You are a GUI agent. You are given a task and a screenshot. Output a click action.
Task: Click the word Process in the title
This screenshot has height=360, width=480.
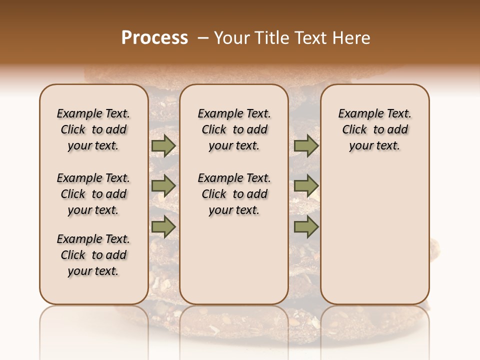pos(154,38)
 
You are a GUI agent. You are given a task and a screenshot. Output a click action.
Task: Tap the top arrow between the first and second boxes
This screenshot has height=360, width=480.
pos(163,145)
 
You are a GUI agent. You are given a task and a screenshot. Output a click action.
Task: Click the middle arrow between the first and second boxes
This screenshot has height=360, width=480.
pos(163,186)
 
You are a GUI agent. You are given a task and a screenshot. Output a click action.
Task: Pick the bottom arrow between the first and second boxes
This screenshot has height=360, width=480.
pos(163,227)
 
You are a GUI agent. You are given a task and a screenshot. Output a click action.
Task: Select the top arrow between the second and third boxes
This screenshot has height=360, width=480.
pos(306,145)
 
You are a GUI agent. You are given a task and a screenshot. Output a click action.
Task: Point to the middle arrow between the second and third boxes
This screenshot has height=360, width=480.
pos(306,186)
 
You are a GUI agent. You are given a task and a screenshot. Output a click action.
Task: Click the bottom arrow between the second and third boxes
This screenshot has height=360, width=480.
pos(306,227)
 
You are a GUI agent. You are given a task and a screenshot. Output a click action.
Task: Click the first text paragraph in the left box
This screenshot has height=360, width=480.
pos(93,129)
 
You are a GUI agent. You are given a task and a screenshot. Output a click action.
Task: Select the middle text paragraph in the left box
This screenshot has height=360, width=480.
pos(93,194)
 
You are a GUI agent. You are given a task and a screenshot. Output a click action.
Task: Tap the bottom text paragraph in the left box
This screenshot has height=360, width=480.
pos(93,255)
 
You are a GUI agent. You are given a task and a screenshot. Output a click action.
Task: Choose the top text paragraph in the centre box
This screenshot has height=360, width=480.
pos(234,129)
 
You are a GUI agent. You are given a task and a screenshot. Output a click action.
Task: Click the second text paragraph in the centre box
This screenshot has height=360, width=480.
pos(234,194)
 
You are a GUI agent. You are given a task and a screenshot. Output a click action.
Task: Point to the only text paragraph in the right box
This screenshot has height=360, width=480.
pos(375,129)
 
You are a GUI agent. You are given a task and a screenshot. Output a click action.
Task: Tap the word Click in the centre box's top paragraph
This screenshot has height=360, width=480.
pos(214,130)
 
